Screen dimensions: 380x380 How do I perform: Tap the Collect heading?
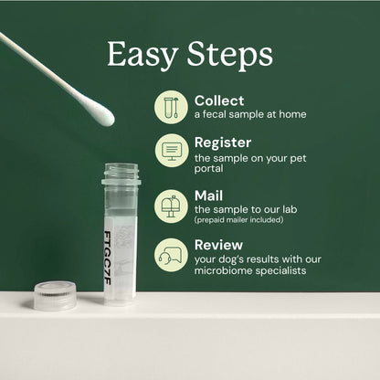(x=218, y=100)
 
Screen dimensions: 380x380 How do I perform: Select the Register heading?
(x=223, y=143)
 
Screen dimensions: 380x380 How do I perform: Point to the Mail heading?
(x=208, y=195)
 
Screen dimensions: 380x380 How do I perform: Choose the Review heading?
(x=218, y=245)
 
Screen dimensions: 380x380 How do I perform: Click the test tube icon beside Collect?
(x=171, y=106)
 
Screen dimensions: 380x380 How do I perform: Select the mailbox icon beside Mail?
(x=171, y=205)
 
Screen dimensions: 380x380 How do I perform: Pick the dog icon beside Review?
(x=171, y=254)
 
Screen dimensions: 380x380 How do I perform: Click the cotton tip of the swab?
(x=97, y=112)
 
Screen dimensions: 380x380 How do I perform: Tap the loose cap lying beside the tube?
(x=56, y=295)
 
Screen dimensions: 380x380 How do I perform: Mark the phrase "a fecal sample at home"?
(x=249, y=114)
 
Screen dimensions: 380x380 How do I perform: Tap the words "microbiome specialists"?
(x=249, y=270)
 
